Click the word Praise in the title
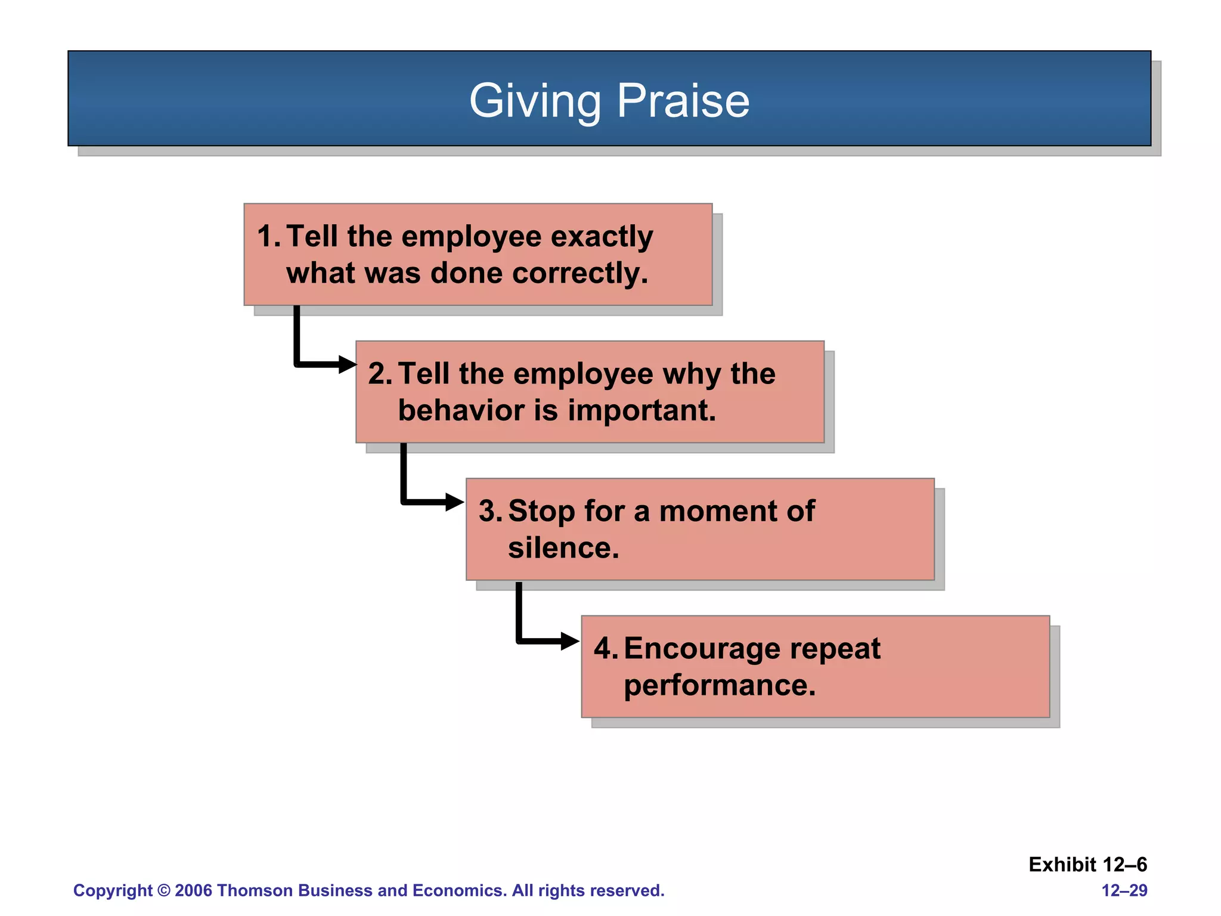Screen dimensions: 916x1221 [x=683, y=101]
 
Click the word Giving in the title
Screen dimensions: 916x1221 [x=535, y=101]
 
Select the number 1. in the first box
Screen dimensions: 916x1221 [x=269, y=236]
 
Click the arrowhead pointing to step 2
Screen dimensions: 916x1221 [x=347, y=364]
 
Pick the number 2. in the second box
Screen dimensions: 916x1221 [x=380, y=374]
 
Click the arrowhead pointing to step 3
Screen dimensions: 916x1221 [x=454, y=502]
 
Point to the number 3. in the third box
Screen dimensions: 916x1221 [x=491, y=512]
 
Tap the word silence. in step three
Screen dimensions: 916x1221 [x=563, y=547]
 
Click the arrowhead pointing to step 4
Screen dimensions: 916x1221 [x=569, y=642]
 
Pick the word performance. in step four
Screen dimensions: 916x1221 [x=720, y=685]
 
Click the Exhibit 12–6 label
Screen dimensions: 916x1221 [x=1087, y=864]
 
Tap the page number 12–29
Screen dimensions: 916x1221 [x=1124, y=890]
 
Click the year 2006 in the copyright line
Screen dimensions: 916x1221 [x=193, y=890]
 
